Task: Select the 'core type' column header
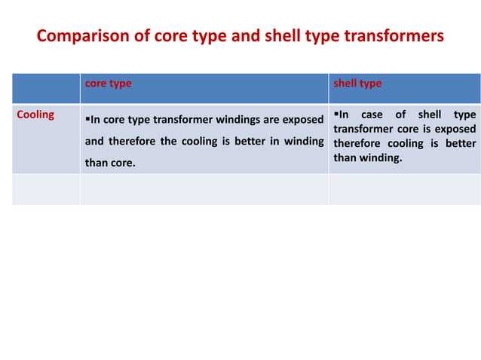108,84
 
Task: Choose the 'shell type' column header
357,84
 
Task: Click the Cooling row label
35,115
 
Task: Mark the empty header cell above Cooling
46,88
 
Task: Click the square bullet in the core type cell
87,119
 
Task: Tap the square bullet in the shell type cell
336,115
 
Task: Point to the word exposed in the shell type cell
456,130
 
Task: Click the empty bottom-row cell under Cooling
46,190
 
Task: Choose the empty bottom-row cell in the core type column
204,190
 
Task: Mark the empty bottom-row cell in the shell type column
404,190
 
